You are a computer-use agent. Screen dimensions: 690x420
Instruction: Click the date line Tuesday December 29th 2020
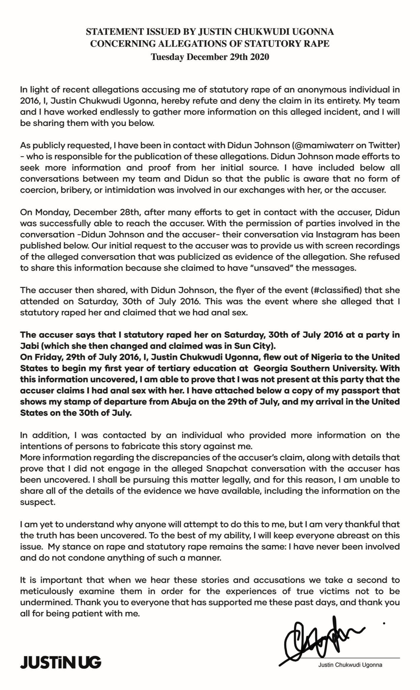tap(210, 57)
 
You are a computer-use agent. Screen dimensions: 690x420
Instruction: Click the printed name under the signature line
tap(350, 665)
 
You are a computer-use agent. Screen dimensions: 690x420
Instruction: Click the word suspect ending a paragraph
tap(37, 502)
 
